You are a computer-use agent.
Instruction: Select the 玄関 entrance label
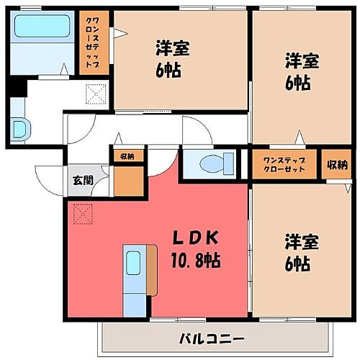point(81,180)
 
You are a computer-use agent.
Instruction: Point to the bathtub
point(41,28)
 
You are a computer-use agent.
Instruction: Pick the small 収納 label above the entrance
point(127,156)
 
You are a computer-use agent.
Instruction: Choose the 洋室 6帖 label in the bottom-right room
point(296,253)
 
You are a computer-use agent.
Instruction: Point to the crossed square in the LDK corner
point(83,214)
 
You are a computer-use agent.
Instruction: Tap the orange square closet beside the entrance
point(129,183)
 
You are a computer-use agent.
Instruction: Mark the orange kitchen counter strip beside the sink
point(151,270)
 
